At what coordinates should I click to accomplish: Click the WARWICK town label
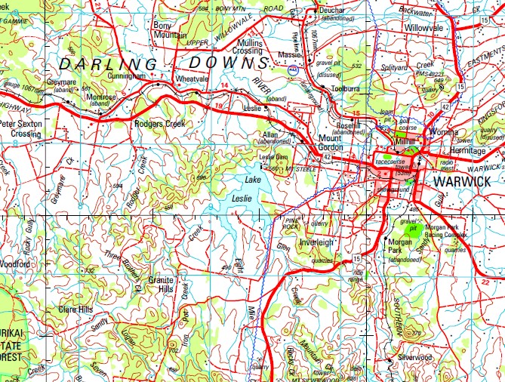click(462, 182)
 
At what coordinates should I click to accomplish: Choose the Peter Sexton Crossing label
click(20, 128)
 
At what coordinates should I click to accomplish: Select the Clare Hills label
click(75, 310)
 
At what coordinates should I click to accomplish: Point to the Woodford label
click(16, 264)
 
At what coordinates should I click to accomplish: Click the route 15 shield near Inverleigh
click(356, 259)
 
